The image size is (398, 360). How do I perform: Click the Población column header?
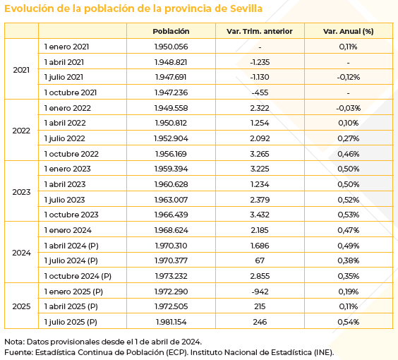pos(171,31)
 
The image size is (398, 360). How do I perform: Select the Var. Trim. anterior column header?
pos(260,31)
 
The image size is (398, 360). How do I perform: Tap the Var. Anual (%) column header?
pos(348,31)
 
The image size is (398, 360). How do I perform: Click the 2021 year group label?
pos(21,69)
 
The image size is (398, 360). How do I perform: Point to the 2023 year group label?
pos(21,192)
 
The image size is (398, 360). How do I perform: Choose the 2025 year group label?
pos(21,306)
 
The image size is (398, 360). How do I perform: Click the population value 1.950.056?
pos(171,47)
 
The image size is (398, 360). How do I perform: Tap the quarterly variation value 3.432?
pos(260,215)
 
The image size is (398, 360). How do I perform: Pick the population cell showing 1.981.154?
pos(171,322)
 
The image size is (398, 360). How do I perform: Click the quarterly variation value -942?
pos(260,292)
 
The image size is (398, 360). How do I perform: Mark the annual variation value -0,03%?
pos(348,108)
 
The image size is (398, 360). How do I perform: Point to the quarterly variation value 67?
pos(260,260)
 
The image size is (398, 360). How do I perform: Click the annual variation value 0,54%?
pos(348,322)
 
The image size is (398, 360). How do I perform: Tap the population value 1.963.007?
pos(171,200)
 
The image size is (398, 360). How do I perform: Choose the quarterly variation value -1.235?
pos(260,61)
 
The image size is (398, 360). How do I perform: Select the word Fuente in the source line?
pos(18,352)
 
